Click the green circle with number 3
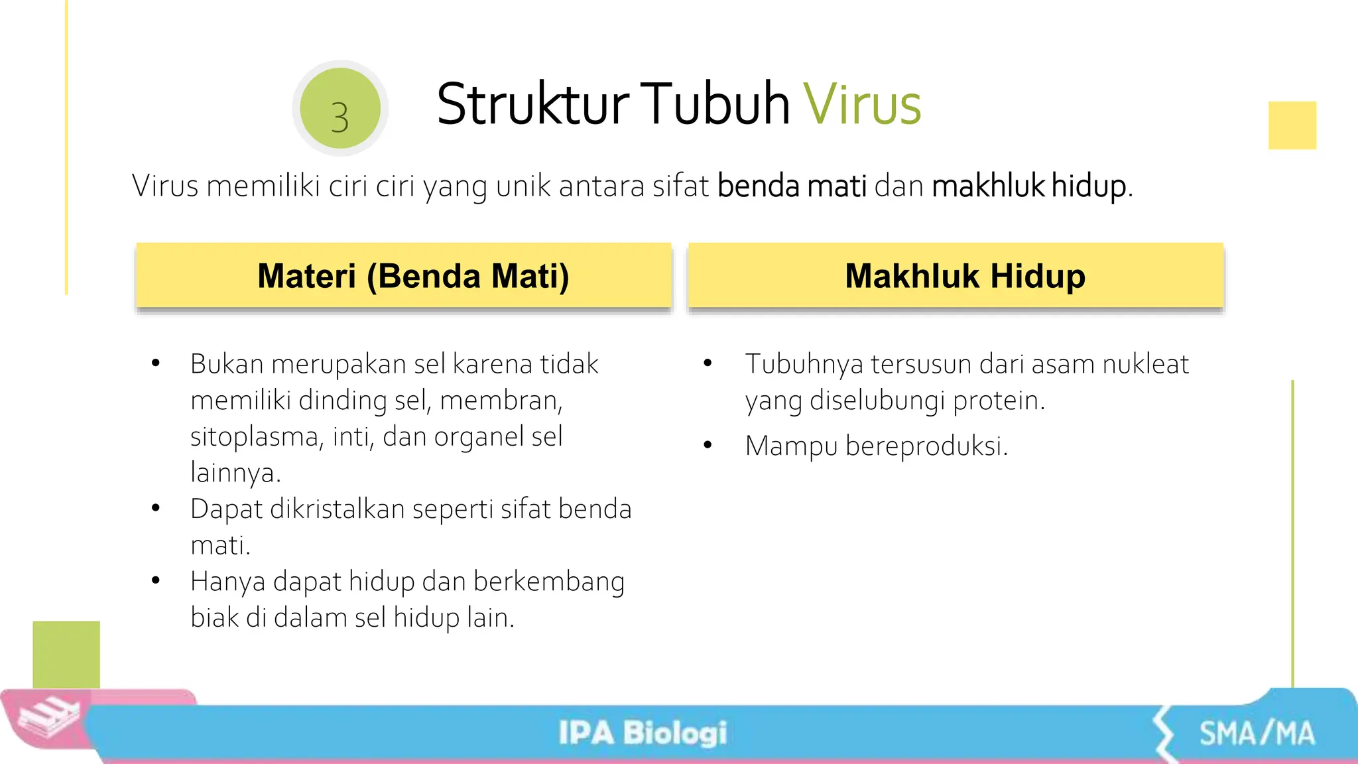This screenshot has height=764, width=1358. coord(340,108)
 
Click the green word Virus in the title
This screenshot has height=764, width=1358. coord(862,104)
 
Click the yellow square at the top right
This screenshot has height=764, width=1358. coord(1292,125)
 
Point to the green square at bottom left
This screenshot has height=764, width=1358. coord(66,654)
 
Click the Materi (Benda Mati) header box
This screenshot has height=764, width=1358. coord(404,275)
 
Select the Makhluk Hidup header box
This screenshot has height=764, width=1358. coord(956,275)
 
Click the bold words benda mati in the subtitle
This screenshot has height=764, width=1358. coord(792,186)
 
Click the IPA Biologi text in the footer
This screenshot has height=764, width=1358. coord(643,733)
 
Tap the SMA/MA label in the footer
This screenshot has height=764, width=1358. coord(1257,733)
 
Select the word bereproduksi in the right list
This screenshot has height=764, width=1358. coord(926,446)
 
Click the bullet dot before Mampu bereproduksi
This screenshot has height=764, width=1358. coord(708,445)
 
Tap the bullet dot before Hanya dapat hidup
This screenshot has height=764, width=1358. coord(156,581)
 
